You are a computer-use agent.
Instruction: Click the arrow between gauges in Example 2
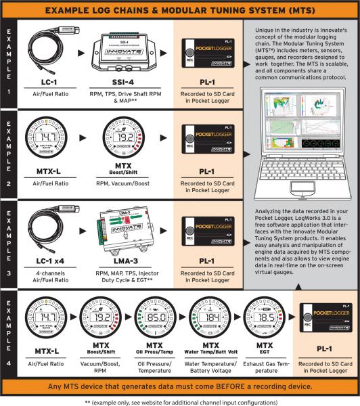86,137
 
